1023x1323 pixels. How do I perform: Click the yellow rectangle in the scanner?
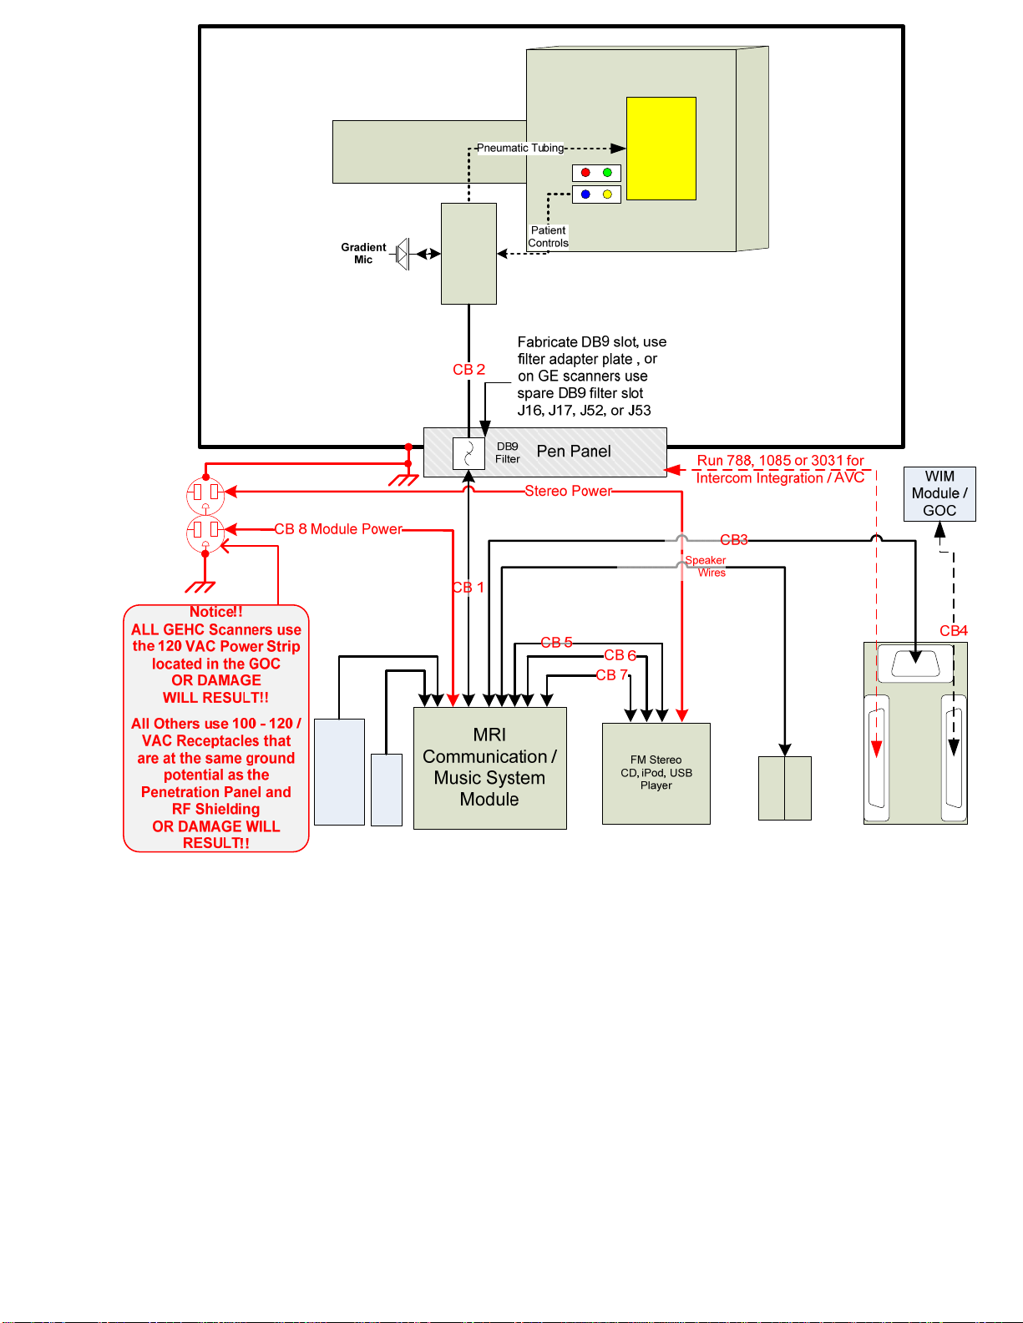click(661, 149)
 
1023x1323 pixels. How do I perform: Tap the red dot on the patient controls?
click(585, 172)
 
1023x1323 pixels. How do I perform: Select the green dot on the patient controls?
click(607, 172)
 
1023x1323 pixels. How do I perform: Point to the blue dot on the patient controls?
click(585, 194)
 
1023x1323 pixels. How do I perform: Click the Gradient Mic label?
click(363, 253)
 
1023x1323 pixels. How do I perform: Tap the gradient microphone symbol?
click(403, 254)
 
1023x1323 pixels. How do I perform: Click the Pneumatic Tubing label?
click(520, 148)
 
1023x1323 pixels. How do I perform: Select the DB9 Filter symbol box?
click(468, 453)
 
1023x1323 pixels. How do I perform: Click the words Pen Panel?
click(574, 451)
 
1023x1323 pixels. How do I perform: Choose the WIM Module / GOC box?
click(939, 494)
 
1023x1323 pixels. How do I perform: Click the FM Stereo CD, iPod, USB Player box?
click(656, 774)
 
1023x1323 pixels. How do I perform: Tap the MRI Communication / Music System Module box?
click(490, 769)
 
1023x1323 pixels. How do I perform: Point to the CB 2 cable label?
click(468, 370)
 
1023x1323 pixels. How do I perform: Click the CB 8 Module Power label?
click(338, 529)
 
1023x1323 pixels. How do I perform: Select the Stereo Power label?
click(568, 491)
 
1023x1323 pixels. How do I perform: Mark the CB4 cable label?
click(954, 631)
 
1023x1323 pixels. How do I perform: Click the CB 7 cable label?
click(612, 675)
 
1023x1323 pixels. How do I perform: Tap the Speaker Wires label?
click(706, 566)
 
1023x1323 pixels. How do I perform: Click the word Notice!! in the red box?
click(216, 612)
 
